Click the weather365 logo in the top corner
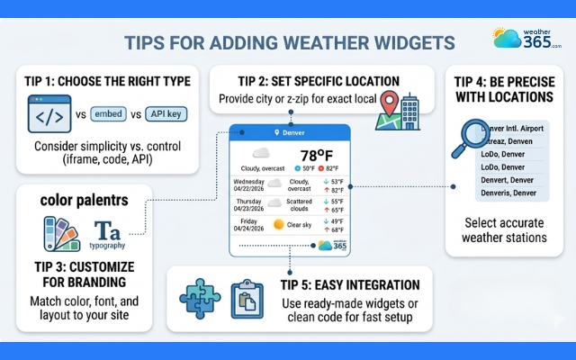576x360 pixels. pyautogui.click(x=527, y=38)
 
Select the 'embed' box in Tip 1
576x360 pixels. pyautogui.click(x=110, y=115)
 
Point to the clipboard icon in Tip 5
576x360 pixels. pyautogui.click(x=244, y=296)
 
